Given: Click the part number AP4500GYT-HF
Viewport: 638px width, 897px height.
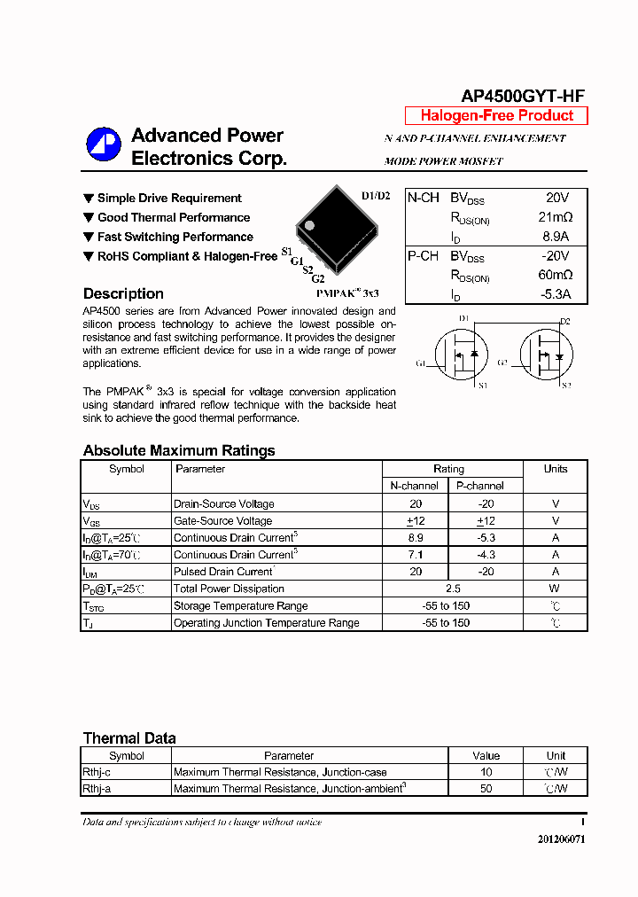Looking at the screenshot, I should (x=522, y=97).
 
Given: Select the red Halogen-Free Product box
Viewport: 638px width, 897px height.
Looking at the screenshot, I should (x=496, y=116).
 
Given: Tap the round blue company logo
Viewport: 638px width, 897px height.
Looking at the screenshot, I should (x=103, y=144).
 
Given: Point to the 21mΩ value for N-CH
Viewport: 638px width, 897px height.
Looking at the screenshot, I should (x=555, y=217).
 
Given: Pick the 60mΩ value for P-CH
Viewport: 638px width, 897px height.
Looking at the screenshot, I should (x=555, y=276).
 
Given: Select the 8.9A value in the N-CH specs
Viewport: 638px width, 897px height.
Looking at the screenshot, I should (x=555, y=237).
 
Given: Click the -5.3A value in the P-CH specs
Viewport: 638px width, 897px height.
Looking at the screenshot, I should (x=555, y=295).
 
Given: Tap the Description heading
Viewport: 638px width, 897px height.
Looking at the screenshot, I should (x=123, y=294).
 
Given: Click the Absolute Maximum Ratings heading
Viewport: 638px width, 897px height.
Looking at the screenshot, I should (x=179, y=450).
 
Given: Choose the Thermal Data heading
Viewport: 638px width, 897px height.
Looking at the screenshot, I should (x=129, y=738).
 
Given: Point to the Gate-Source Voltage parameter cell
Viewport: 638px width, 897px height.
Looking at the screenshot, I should (x=222, y=521).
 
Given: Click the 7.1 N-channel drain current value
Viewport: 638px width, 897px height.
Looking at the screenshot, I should (x=416, y=555).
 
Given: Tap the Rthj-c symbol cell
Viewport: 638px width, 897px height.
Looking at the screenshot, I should (x=97, y=772).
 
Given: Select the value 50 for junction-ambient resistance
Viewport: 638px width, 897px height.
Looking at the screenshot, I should (x=486, y=789).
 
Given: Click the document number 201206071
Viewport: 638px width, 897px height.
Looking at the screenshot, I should (x=560, y=839).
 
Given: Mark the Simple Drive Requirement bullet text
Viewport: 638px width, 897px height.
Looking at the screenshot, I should (x=169, y=199).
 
